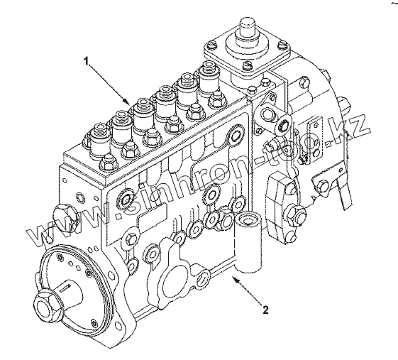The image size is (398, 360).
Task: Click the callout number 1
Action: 87,61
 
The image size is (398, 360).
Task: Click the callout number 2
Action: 265,310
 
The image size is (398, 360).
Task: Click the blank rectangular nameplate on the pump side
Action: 152,214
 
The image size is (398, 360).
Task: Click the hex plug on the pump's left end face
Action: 65,216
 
